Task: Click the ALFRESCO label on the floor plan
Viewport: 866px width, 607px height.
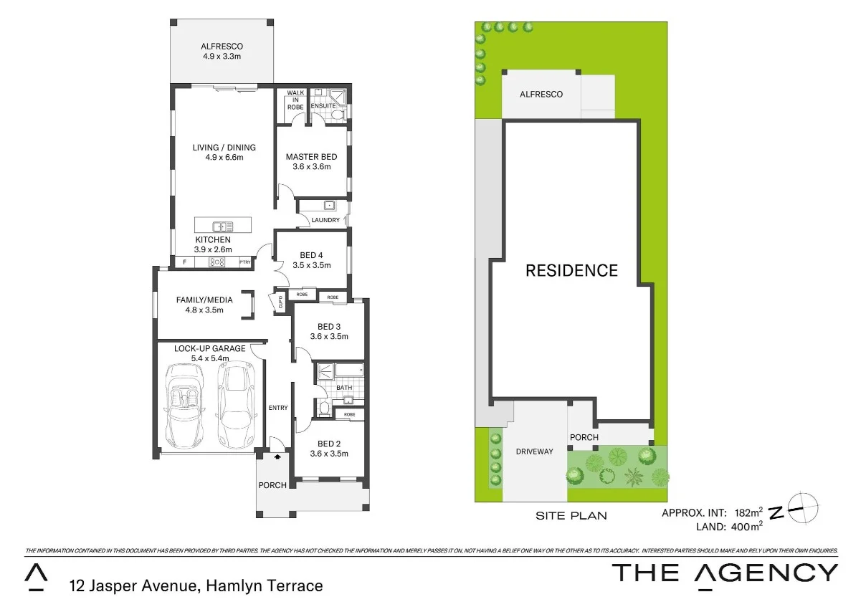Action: [222, 47]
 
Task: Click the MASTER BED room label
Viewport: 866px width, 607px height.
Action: [311, 157]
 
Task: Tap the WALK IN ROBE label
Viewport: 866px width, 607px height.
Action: [295, 100]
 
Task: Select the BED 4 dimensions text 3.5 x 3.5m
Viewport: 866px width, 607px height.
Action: [311, 265]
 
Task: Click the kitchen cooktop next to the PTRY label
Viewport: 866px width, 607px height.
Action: [217, 262]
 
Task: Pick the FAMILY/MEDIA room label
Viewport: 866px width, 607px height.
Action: [204, 300]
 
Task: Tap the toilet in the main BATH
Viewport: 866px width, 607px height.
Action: [324, 409]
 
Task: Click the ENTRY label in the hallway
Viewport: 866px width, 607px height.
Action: [278, 408]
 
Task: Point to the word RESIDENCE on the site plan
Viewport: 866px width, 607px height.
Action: [571, 270]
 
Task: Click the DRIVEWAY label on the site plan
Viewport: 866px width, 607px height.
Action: [534, 451]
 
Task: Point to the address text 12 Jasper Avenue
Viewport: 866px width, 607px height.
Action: [133, 586]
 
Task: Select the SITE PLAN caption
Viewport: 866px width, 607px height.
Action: [571, 515]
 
